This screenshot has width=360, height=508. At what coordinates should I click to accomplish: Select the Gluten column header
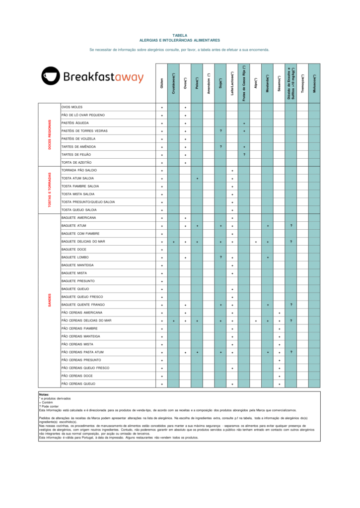pos(162,83)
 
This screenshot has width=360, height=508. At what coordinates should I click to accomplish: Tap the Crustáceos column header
pos(173,80)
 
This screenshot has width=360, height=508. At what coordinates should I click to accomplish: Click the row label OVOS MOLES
pos(72,107)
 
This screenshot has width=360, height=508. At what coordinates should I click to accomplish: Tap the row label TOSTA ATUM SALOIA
pos(77,178)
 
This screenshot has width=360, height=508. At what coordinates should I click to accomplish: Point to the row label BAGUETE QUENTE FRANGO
pos(83,305)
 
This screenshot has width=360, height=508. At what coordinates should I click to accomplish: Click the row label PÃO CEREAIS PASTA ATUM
pos(82,352)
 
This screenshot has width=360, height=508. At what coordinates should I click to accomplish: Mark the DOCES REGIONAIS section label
pos(50,134)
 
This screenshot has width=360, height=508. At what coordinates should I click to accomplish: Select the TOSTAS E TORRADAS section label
pos(50,190)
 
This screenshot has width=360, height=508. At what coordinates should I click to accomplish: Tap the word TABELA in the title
pos(180,36)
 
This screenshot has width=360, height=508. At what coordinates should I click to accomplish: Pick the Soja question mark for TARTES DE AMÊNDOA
pos(220,147)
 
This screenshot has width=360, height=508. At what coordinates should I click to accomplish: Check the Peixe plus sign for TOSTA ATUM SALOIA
pos(197,178)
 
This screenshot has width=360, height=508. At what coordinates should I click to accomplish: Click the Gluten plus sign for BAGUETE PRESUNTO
pos(162,281)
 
